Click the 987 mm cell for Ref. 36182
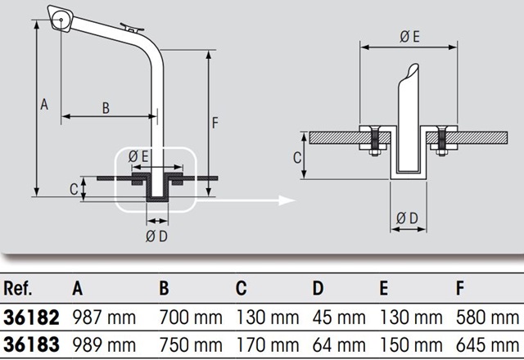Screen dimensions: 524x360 104,317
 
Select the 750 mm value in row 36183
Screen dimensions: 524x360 191,345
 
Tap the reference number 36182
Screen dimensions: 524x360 31,317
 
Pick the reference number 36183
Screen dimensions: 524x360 31,345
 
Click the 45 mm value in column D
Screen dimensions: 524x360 339,317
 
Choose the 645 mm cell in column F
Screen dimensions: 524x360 487,345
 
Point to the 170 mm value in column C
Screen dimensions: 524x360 268,345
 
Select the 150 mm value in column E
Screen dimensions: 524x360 411,345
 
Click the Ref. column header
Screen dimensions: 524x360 18,288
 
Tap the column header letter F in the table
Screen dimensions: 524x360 460,288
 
